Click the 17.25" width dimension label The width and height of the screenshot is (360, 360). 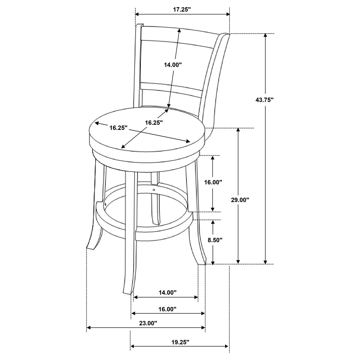pyautogui.click(x=182, y=9)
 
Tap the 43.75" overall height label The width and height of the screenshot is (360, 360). pyautogui.click(x=264, y=100)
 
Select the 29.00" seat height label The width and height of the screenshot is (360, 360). pyautogui.click(x=240, y=200)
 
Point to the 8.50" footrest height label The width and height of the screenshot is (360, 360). pyautogui.click(x=215, y=240)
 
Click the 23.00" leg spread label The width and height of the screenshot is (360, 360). pyautogui.click(x=148, y=324)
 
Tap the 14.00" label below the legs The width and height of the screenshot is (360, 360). pyautogui.click(x=167, y=293)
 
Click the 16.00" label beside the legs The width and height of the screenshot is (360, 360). pyautogui.click(x=213, y=182)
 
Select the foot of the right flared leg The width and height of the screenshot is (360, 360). pyautogui.click(x=202, y=263)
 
